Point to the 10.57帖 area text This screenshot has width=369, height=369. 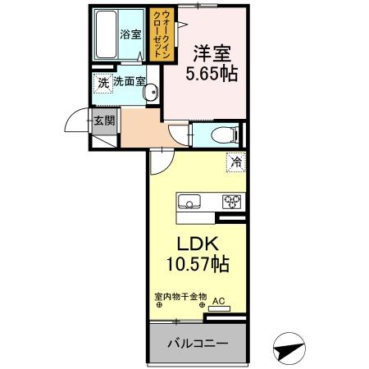[x=195, y=266]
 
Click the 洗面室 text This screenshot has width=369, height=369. [x=129, y=82]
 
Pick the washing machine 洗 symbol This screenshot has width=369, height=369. [x=102, y=82]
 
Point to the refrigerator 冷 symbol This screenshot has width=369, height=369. [x=235, y=162]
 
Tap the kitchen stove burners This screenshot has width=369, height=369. [x=230, y=201]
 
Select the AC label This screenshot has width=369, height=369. [x=219, y=301]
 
